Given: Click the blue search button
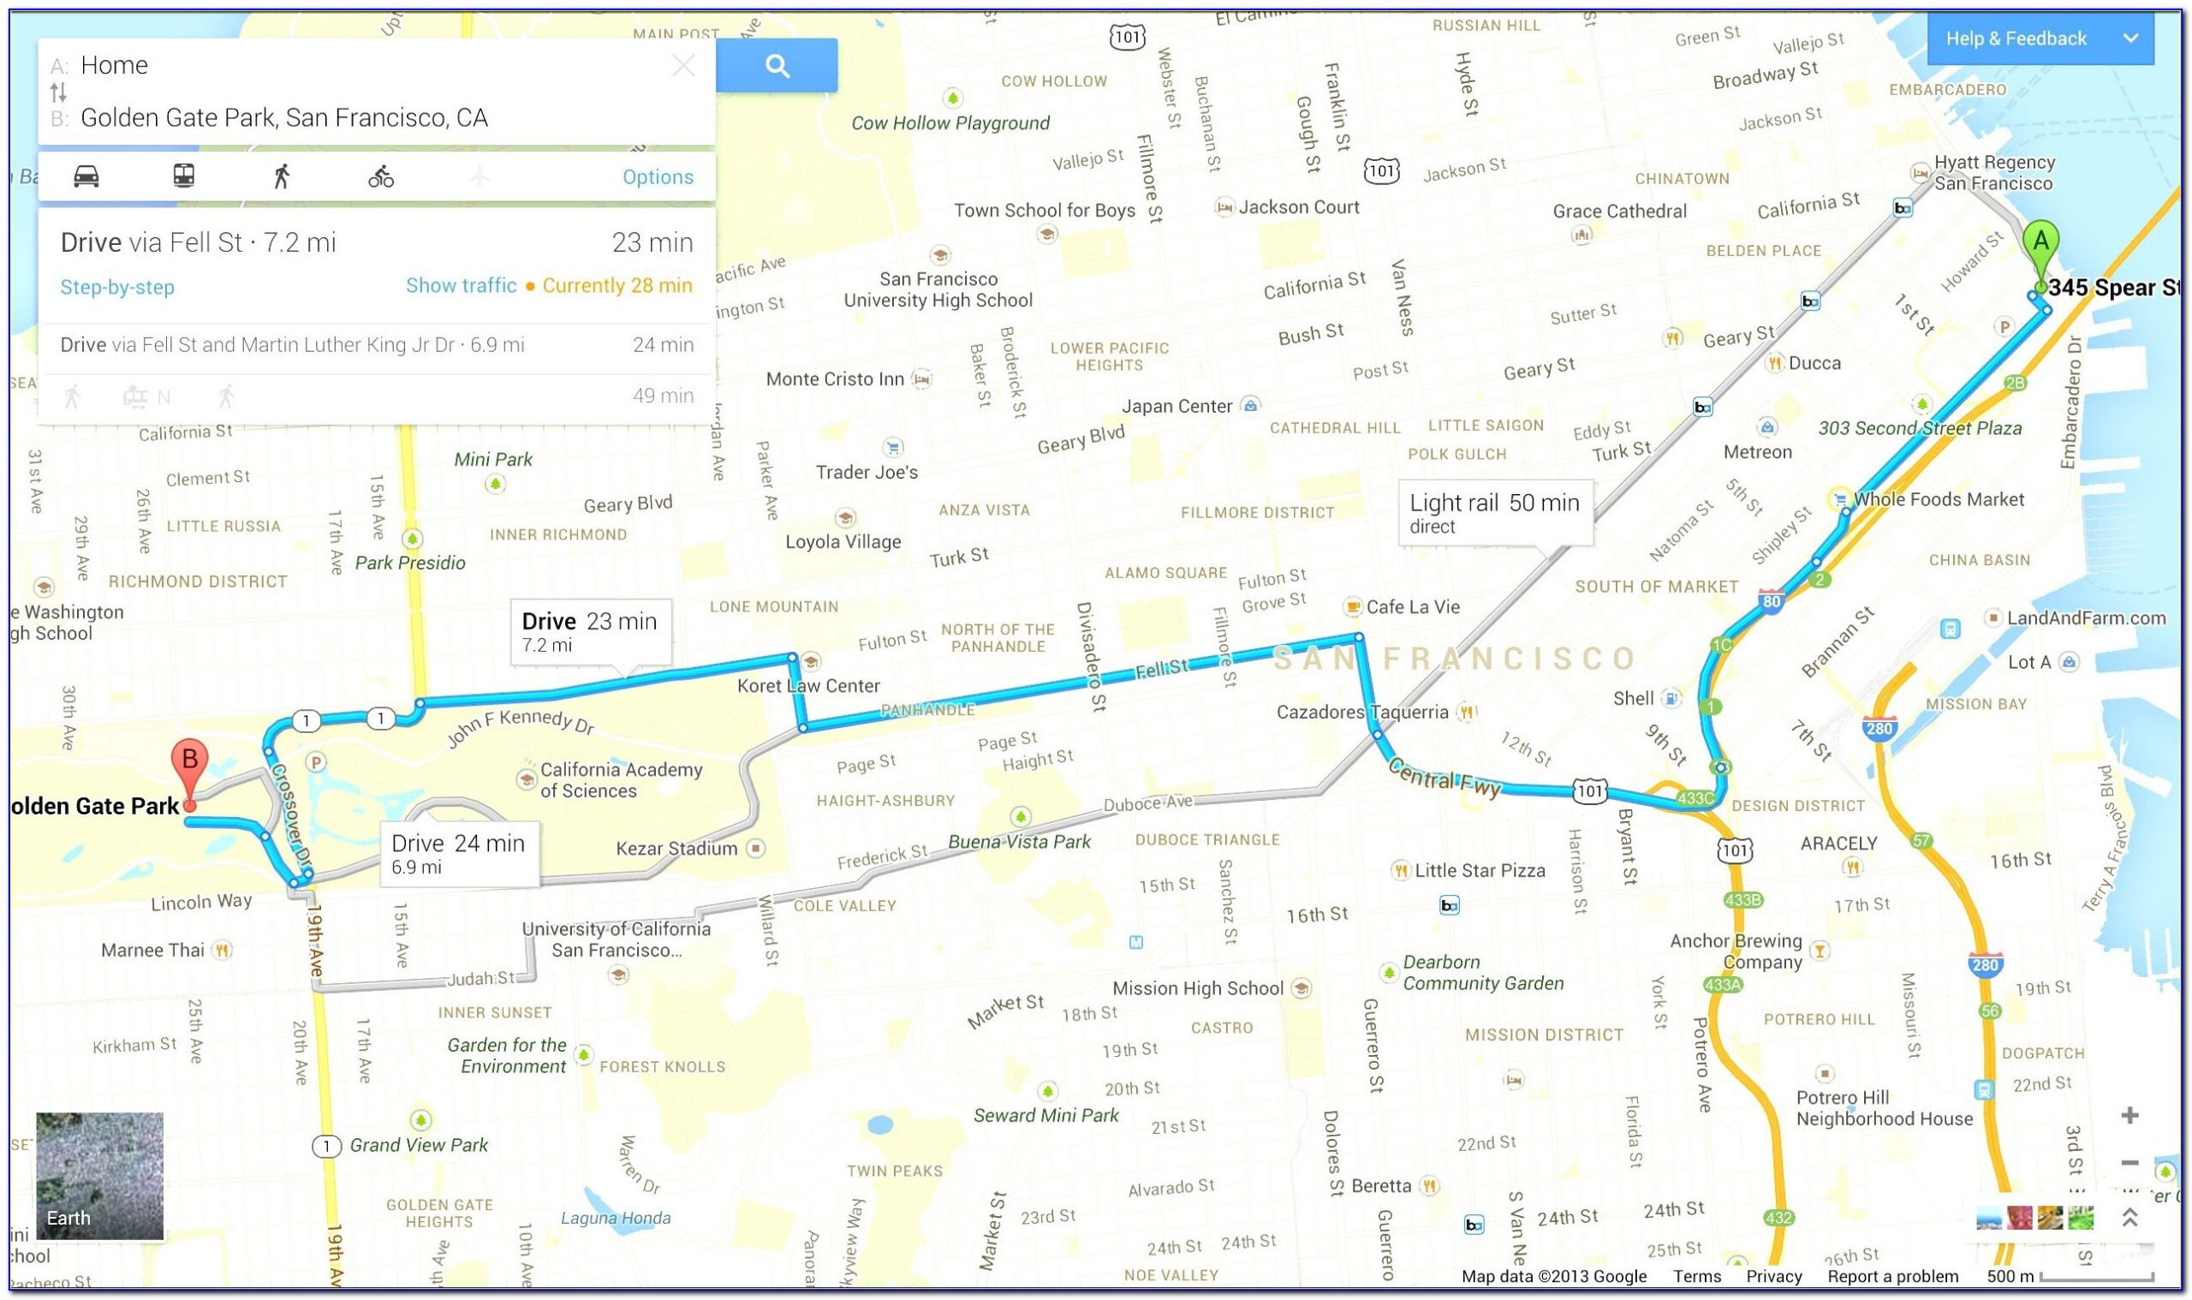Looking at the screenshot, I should [x=776, y=66].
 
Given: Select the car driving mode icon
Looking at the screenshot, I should [x=86, y=176].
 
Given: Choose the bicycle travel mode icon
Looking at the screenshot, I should [x=381, y=177].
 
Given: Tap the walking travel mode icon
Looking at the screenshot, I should [x=281, y=177].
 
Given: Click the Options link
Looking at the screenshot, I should [x=658, y=177].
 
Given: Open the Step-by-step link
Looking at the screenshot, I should [x=117, y=286].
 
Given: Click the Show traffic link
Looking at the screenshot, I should [x=461, y=285].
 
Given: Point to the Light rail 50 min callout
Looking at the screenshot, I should [x=1494, y=511].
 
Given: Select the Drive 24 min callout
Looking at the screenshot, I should [x=458, y=852].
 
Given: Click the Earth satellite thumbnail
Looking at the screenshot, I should [x=100, y=1175].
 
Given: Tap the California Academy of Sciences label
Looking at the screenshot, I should [x=620, y=779].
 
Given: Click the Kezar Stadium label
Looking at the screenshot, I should [x=676, y=848].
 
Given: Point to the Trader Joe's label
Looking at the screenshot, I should [x=867, y=472].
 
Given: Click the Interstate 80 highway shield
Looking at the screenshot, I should [x=1771, y=601].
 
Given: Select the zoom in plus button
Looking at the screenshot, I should [x=2129, y=1115].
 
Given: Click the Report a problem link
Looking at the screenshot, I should [x=1891, y=1276].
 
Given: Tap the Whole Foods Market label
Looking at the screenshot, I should [x=1938, y=499].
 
